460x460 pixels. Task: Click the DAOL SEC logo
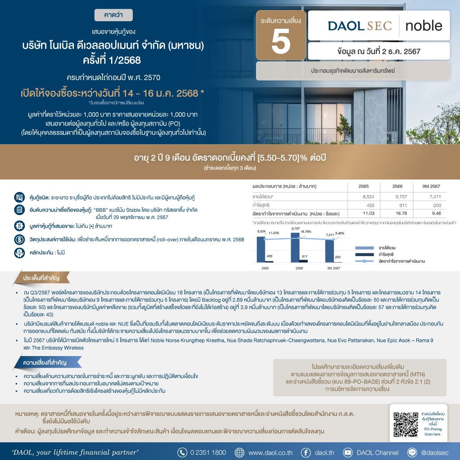(x=360, y=26)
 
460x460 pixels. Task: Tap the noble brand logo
(x=423, y=26)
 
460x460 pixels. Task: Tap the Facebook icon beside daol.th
(x=305, y=452)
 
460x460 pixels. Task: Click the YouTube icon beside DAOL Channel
(x=348, y=452)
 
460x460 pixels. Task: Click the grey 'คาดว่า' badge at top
(x=113, y=15)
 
